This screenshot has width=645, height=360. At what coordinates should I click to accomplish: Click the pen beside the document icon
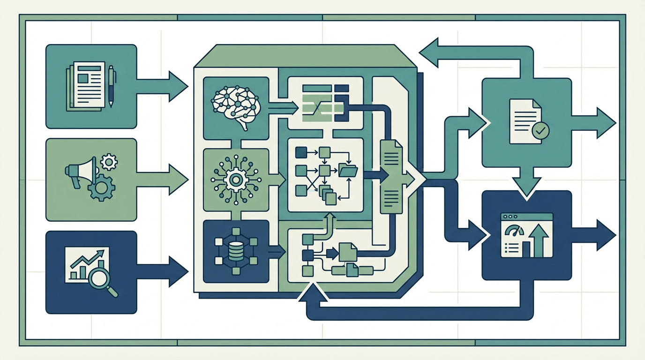tap(111, 85)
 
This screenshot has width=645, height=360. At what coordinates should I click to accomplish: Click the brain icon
tap(236, 106)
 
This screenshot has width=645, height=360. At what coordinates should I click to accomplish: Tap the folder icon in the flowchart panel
tap(348, 171)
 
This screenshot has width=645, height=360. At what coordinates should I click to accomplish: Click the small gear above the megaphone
tap(109, 162)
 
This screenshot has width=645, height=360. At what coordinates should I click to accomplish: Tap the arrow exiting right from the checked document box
tap(600, 123)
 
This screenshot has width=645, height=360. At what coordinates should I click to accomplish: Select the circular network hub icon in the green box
tap(236, 179)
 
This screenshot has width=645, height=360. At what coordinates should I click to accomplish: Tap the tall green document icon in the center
tap(390, 177)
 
